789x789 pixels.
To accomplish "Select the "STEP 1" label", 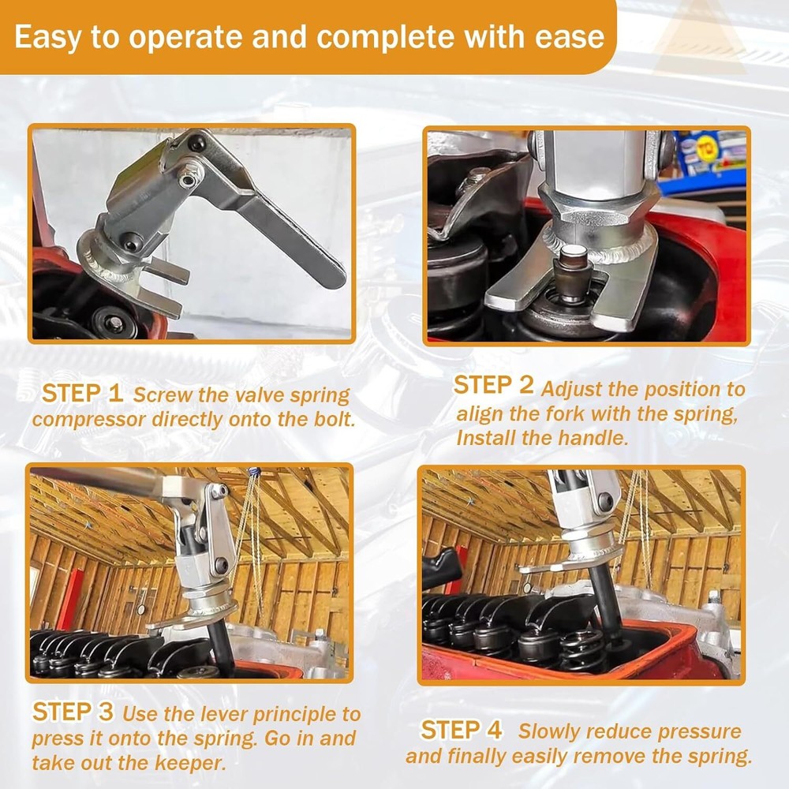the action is click(82, 393).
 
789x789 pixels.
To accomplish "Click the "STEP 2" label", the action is click(493, 386).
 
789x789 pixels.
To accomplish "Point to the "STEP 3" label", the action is click(73, 712).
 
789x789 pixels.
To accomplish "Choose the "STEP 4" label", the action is click(462, 730).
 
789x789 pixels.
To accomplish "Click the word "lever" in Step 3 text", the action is click(223, 714).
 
